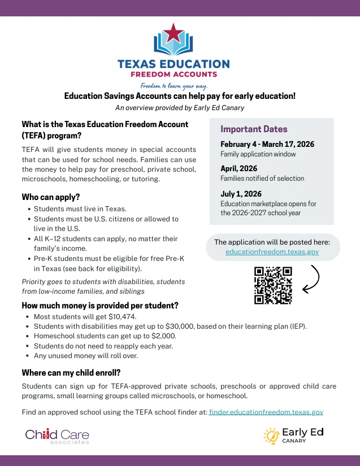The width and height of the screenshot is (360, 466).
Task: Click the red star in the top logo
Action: click(x=174, y=33)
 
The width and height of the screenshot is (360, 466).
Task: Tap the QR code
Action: click(x=273, y=285)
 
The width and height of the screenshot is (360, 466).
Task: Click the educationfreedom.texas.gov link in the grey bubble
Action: click(x=272, y=252)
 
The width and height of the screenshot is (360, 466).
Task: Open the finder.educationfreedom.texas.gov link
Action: click(x=266, y=412)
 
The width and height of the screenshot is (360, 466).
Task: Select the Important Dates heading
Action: click(x=254, y=129)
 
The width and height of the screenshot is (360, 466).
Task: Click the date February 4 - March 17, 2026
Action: click(x=267, y=144)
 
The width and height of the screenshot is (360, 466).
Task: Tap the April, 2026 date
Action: click(x=238, y=168)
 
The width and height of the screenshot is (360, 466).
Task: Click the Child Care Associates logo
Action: click(x=57, y=435)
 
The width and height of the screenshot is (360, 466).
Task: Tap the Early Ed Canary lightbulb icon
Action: click(x=271, y=435)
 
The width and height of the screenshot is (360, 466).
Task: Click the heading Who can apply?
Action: click(x=51, y=197)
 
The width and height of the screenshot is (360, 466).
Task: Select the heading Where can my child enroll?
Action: click(x=71, y=373)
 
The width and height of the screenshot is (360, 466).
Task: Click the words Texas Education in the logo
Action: click(x=174, y=64)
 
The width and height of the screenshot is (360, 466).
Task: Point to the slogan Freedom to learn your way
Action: click(x=174, y=86)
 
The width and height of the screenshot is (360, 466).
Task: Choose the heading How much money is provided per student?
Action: click(x=100, y=306)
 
